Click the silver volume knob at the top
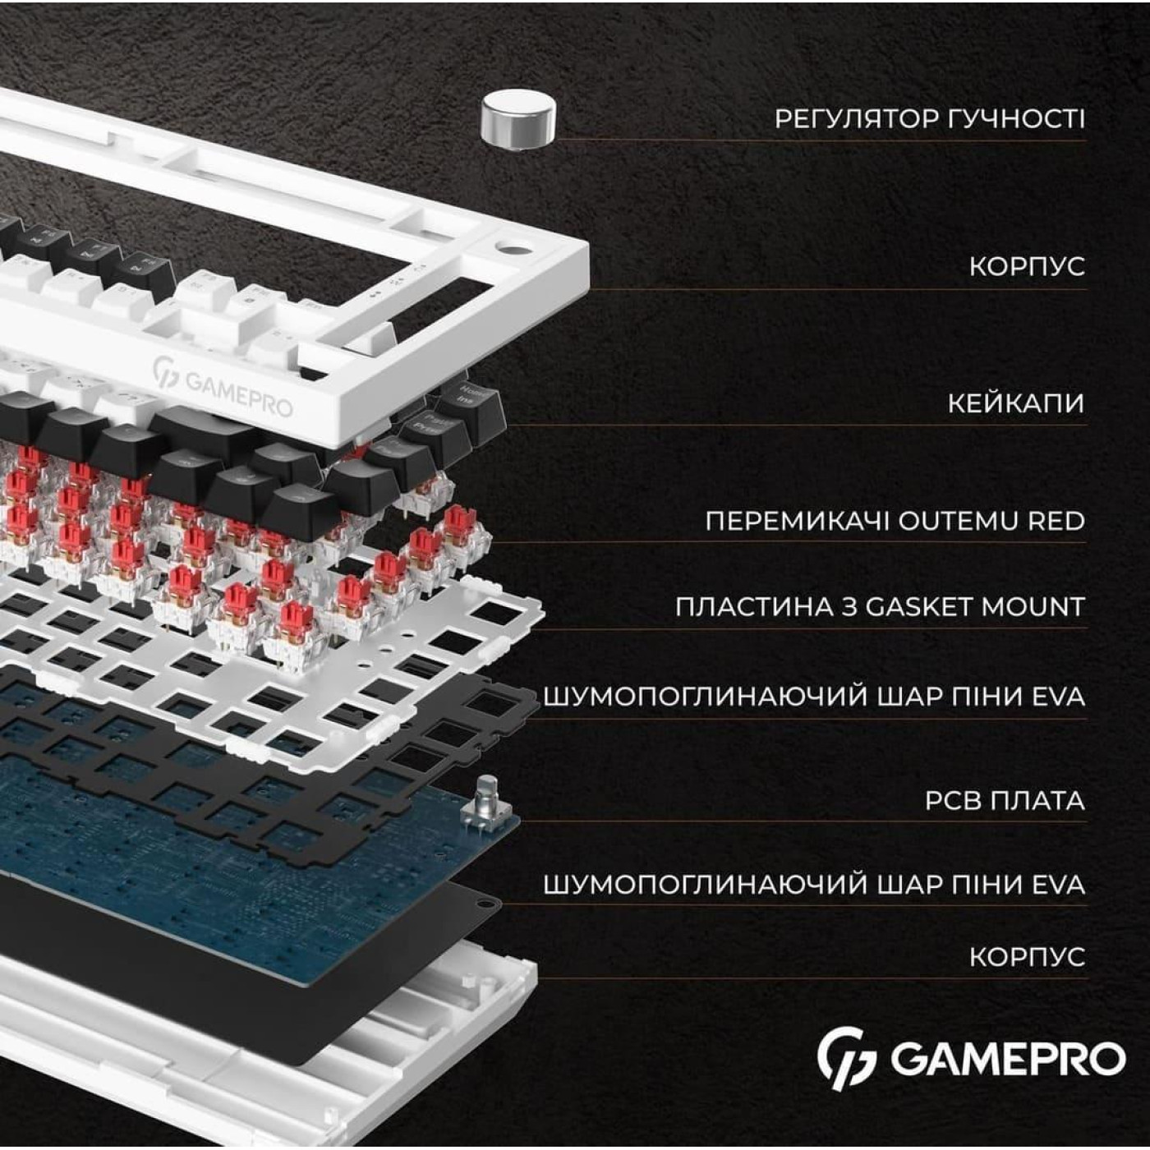(x=517, y=121)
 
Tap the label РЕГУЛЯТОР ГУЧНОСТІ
(x=929, y=119)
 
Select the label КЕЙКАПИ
(x=1015, y=403)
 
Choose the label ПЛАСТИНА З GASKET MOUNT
(x=880, y=607)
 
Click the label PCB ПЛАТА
(x=1004, y=800)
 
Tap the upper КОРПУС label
(x=1027, y=266)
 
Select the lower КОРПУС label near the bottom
(x=1027, y=957)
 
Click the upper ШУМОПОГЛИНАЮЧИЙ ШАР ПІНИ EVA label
(x=814, y=697)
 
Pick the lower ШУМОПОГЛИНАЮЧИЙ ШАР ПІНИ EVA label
(x=814, y=885)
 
